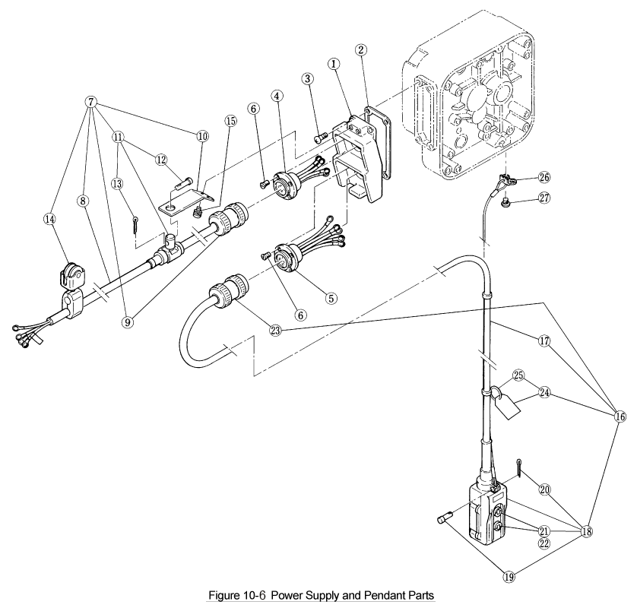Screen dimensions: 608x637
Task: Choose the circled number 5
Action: click(x=331, y=298)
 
